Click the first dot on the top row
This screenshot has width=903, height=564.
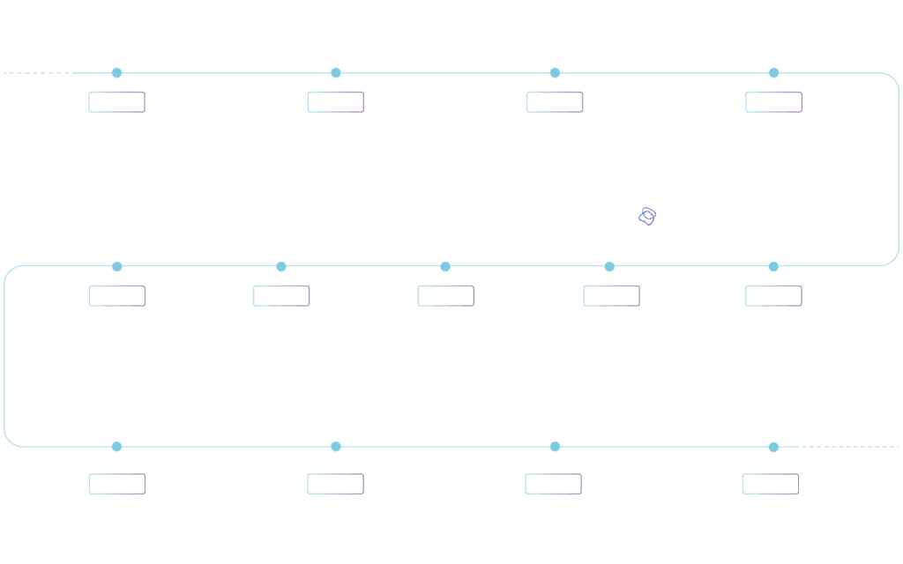click(x=116, y=73)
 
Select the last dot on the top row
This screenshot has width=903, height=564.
click(x=773, y=73)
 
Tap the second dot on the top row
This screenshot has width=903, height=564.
click(x=335, y=73)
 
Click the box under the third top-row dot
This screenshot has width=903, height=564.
click(x=555, y=102)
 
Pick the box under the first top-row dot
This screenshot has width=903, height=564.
click(x=116, y=102)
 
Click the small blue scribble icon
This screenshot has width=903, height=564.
click(x=647, y=216)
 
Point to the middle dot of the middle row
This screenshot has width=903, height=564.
click(x=445, y=266)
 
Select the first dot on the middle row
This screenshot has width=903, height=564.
click(x=116, y=266)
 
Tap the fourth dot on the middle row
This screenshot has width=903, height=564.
click(x=609, y=266)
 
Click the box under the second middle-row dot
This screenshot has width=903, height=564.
click(x=281, y=296)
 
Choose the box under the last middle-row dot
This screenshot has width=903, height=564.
click(x=773, y=296)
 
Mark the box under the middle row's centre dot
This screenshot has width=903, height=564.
click(x=445, y=296)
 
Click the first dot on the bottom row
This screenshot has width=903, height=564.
click(x=116, y=447)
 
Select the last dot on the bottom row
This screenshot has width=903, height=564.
click(x=773, y=447)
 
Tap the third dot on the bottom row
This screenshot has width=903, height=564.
click(x=555, y=447)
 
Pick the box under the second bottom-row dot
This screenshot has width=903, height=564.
click(x=335, y=484)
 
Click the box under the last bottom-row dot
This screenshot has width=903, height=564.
click(x=771, y=484)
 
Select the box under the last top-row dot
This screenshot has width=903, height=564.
click(x=773, y=102)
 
